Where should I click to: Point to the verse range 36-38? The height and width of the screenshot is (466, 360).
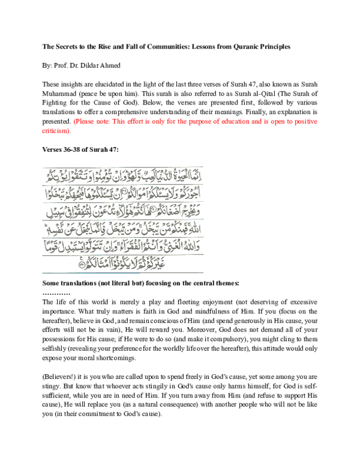click(x=74, y=148)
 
